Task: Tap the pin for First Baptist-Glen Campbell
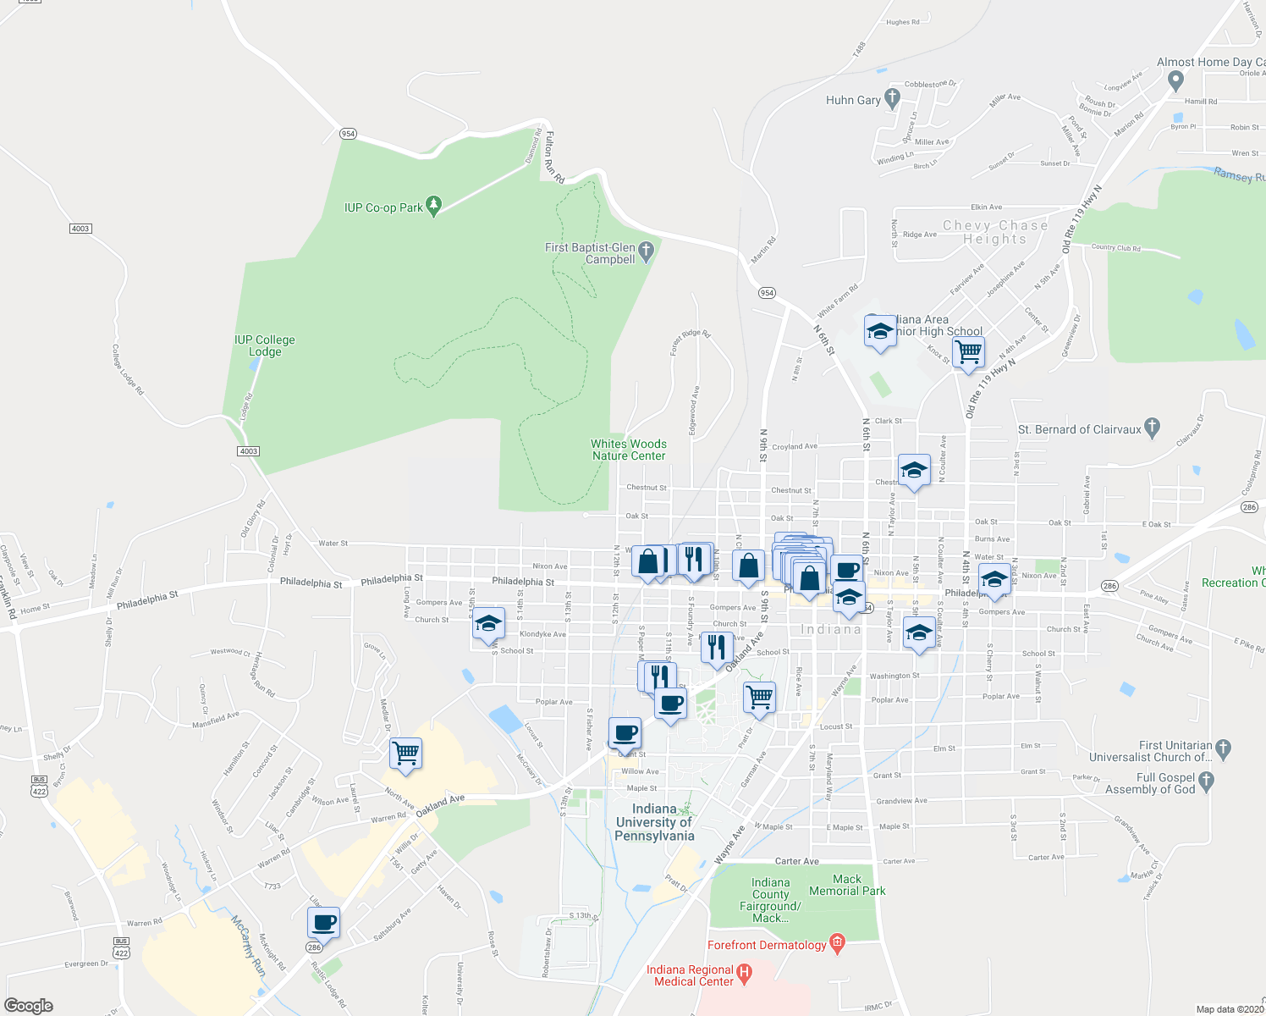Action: point(647,251)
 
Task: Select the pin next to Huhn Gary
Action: point(892,98)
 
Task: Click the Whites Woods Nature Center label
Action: point(629,450)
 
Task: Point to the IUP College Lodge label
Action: point(265,345)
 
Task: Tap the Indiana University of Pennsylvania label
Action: point(654,822)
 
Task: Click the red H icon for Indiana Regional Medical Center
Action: point(745,974)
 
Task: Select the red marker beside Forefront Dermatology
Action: point(838,943)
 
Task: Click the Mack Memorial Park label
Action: point(847,885)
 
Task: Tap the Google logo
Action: point(29,1005)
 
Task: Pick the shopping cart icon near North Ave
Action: point(406,753)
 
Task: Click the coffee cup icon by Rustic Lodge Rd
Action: point(323,922)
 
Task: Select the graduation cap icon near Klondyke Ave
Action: point(487,624)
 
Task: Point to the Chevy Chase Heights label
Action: point(995,232)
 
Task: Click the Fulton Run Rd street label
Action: point(554,157)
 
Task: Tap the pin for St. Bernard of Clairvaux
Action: point(1151,428)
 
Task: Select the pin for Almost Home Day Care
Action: point(1175,80)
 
